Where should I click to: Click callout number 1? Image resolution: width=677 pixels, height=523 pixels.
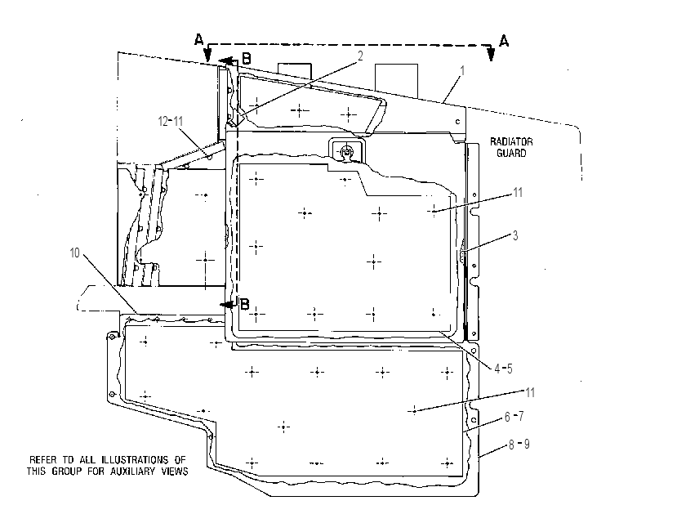click(x=462, y=70)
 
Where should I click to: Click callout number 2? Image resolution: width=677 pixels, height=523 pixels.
click(x=360, y=56)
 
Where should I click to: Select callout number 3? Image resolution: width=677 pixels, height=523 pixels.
click(x=515, y=235)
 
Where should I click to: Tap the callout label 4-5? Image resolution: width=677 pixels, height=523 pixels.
click(x=503, y=369)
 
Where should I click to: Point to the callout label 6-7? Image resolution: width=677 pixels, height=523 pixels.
click(x=514, y=416)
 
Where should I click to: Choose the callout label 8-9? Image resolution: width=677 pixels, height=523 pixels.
click(x=519, y=444)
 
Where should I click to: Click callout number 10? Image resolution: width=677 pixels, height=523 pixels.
click(x=74, y=253)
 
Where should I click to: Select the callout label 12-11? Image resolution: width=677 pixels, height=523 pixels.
click(x=171, y=122)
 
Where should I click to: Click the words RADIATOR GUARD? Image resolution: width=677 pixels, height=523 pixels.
click(x=511, y=147)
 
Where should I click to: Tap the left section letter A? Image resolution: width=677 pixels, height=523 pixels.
click(x=198, y=40)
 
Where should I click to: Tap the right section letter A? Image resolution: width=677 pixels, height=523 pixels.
click(x=504, y=41)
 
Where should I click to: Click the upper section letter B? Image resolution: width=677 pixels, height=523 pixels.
click(x=246, y=58)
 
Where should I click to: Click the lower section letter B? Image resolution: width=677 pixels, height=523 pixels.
click(x=244, y=304)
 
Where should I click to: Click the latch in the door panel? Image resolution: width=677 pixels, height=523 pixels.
click(x=346, y=151)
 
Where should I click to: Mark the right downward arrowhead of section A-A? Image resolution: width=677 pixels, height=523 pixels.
click(x=491, y=55)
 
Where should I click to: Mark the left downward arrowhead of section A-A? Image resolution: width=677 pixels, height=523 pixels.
click(x=207, y=55)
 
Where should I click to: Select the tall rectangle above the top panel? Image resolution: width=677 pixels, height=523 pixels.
click(x=396, y=81)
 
